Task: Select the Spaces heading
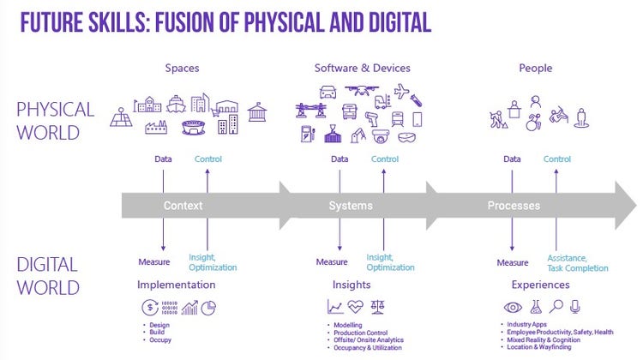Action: point(181,68)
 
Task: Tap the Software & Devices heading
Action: point(362,68)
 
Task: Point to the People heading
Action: point(536,68)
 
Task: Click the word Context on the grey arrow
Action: point(183,206)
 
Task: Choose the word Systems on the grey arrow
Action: point(350,206)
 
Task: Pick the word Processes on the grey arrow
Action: point(514,206)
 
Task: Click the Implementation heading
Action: point(177,285)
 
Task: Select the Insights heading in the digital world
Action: point(352,285)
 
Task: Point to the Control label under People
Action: point(557,159)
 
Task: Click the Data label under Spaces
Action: point(163,159)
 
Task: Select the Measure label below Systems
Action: point(332,261)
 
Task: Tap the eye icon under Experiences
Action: point(512,306)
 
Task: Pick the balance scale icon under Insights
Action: point(377,306)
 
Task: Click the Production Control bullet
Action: point(361,333)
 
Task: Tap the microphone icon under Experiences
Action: point(575,306)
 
